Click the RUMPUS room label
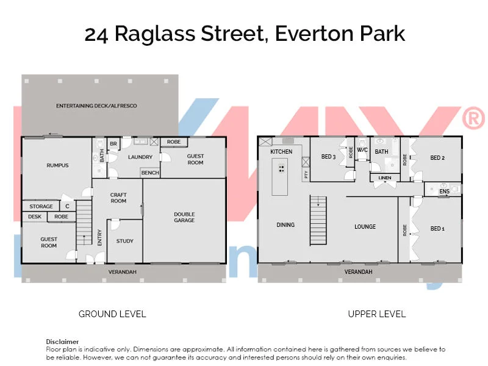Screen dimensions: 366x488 [x=57, y=165]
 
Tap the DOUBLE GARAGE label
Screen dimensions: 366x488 [x=184, y=217]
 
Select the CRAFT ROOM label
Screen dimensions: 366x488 [x=118, y=198]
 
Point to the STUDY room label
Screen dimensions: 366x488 [x=124, y=241]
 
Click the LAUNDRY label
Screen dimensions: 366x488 [x=140, y=157]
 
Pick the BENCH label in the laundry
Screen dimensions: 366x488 [x=150, y=173]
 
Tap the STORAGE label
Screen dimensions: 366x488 [x=41, y=206]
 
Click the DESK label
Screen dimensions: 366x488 [x=34, y=217]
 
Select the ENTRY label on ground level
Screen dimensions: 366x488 [x=100, y=237]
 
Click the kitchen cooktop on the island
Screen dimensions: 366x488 [x=281, y=168]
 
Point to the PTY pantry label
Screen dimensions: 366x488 [x=306, y=174]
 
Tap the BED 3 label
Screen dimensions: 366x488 [x=328, y=157]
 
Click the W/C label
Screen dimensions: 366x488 [x=362, y=150]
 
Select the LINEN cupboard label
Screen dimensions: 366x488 [x=385, y=178]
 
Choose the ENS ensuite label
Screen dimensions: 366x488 [x=444, y=192]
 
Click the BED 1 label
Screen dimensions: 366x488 [x=437, y=229]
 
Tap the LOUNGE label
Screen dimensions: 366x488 [x=365, y=226]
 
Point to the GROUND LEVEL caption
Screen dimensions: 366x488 [x=112, y=314]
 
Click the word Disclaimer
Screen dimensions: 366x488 [x=62, y=342]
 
